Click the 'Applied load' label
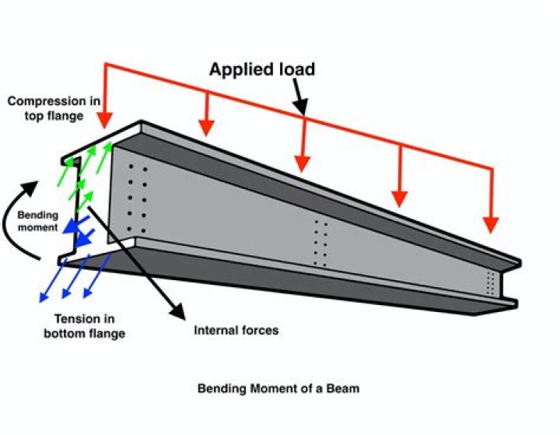[x=261, y=69]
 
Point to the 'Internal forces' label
[x=235, y=330]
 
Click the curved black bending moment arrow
[x=17, y=222]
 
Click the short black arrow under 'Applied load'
[x=298, y=97]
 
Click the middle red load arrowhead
[x=303, y=163]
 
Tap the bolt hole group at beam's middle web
[x=320, y=244]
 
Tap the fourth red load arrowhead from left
[x=399, y=198]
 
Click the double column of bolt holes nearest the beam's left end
[x=137, y=199]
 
